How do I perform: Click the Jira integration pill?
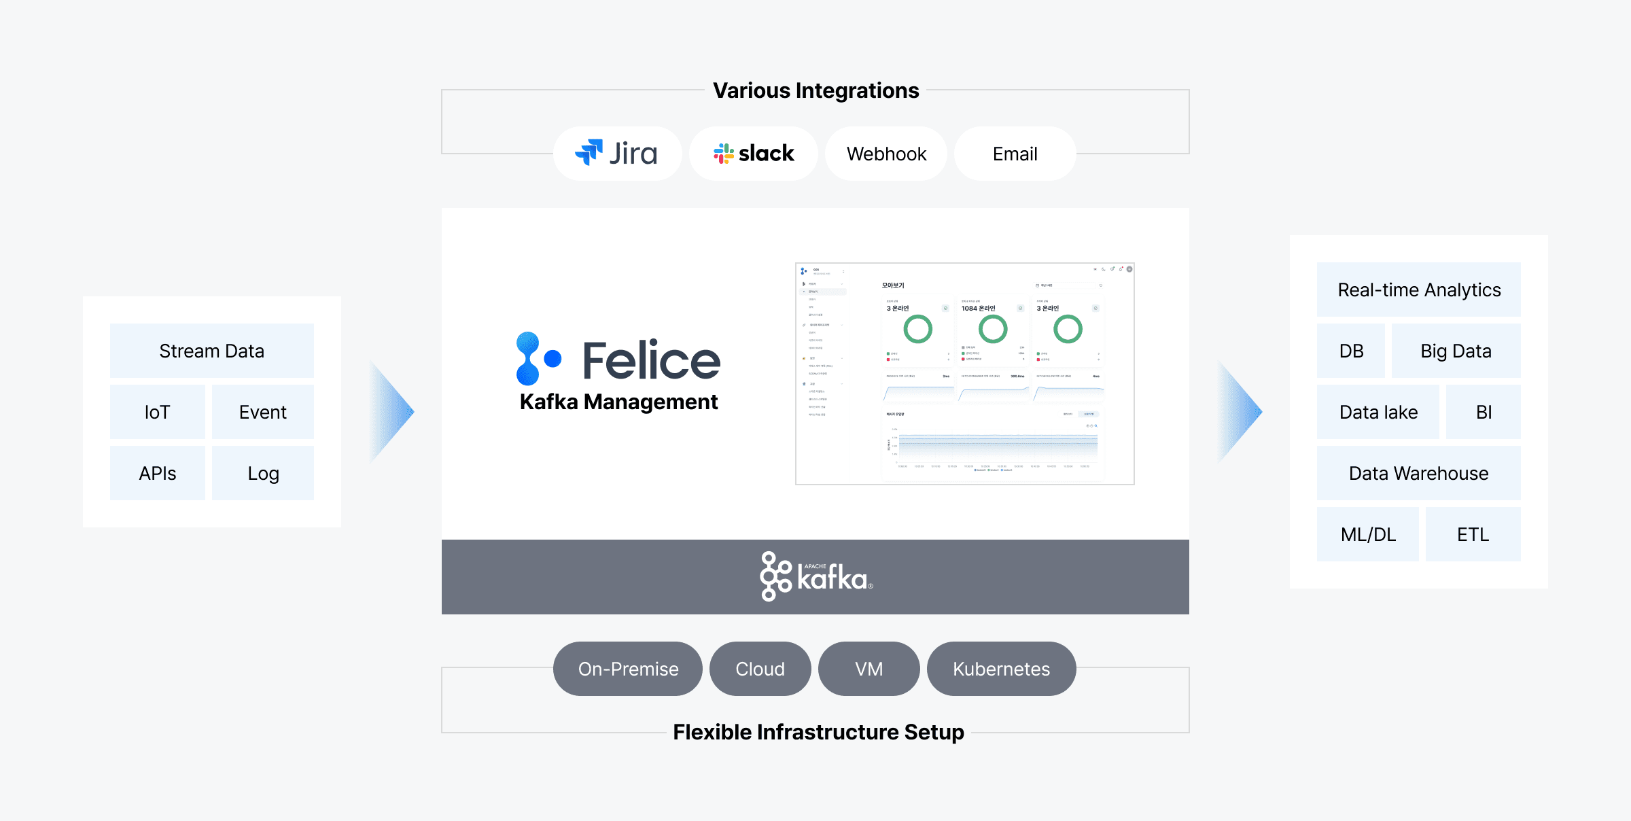click(x=617, y=154)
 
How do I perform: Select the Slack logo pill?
click(x=753, y=154)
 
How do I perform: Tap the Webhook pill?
click(x=886, y=154)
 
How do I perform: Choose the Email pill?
click(x=1015, y=154)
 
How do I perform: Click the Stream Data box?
click(x=211, y=351)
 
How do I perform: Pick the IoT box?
click(x=157, y=412)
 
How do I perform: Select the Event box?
click(x=262, y=412)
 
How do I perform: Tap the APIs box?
click(x=157, y=473)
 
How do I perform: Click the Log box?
click(x=262, y=473)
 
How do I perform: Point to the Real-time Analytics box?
click(x=1418, y=290)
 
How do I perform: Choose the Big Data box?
click(x=1456, y=351)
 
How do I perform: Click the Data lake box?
click(x=1378, y=412)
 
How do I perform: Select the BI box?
click(x=1483, y=412)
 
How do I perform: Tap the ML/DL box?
click(x=1367, y=534)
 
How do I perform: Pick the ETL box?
click(x=1473, y=534)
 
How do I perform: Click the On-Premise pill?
click(x=627, y=669)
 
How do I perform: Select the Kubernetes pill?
click(x=1001, y=669)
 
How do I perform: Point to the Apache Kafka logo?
click(x=815, y=577)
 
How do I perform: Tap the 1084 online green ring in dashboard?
click(x=992, y=329)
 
